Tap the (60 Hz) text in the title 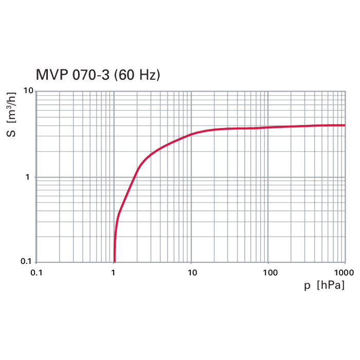137,75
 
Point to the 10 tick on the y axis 28,91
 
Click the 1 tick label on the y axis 31,177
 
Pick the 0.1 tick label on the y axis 27,262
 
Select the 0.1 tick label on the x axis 37,272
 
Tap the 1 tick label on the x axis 114,272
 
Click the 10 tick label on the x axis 191,272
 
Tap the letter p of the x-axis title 307,284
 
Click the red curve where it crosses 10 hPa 191,134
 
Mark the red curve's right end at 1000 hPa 344,125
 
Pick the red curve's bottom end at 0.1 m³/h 114,261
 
